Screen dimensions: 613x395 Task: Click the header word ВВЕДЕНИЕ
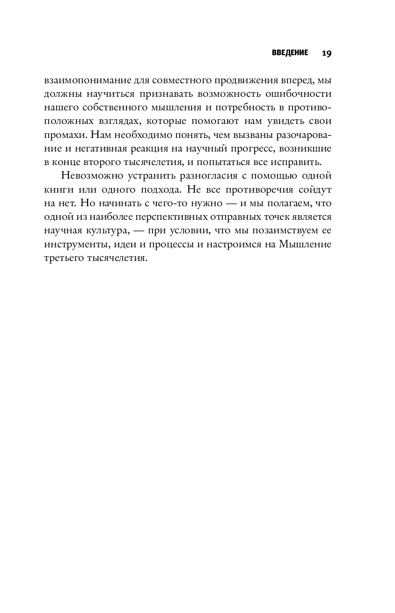click(290, 53)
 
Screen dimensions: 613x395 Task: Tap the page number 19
click(326, 53)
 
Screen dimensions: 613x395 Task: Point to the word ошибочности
click(301, 94)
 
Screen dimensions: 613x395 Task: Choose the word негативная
click(97, 148)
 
